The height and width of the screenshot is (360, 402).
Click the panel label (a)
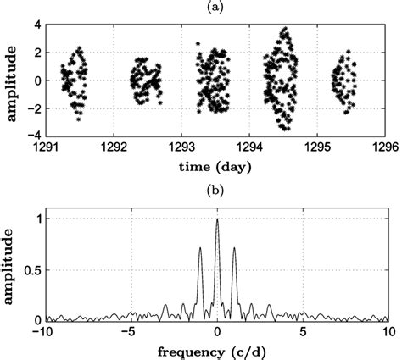point(216,7)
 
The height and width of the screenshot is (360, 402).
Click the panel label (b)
point(216,186)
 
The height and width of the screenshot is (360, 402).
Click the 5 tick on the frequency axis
point(302,330)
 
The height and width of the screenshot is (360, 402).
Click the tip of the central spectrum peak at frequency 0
point(217,219)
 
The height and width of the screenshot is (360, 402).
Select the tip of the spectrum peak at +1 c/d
point(234,248)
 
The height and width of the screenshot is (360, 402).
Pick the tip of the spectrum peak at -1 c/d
point(200,248)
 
